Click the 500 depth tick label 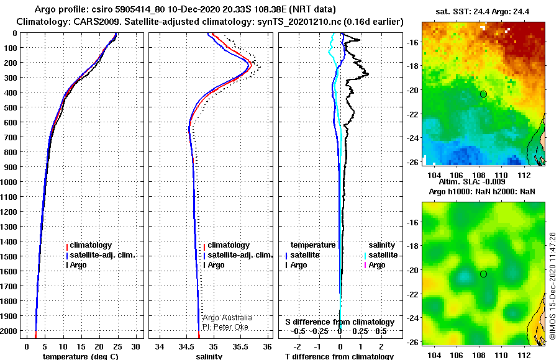coord(10,107)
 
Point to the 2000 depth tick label coord(9,331)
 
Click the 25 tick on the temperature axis coord(117,347)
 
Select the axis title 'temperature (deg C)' coord(81,356)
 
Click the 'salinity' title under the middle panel coord(209,356)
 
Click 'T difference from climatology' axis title coord(339,356)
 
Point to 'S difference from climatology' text coord(340,322)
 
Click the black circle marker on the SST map coord(483,94)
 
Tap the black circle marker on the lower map coord(483,274)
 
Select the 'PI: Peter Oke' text coord(225,327)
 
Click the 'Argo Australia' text coord(227,318)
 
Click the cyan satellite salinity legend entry coord(381,255)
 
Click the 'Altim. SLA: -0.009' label coord(472,182)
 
